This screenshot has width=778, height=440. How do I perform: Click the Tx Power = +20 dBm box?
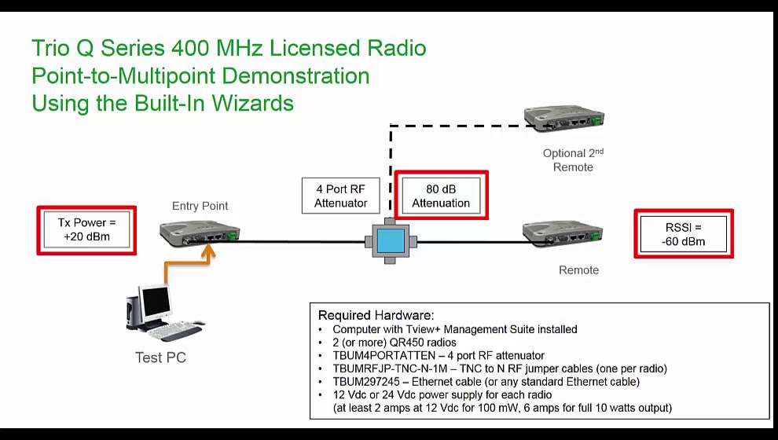[86, 229]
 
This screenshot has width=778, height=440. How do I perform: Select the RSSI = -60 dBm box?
[684, 233]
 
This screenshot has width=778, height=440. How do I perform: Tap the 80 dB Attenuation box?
[441, 196]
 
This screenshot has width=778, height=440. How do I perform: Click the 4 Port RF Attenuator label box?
[341, 196]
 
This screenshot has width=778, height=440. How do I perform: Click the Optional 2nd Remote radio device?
[563, 119]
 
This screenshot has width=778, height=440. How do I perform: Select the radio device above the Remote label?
[563, 233]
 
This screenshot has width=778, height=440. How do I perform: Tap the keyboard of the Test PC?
[174, 331]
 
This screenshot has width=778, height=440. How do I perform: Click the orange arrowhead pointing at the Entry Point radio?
[209, 250]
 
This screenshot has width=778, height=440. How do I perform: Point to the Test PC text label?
[160, 357]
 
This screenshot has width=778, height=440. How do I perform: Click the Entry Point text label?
[200, 206]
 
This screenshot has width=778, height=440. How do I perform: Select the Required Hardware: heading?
[376, 315]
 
